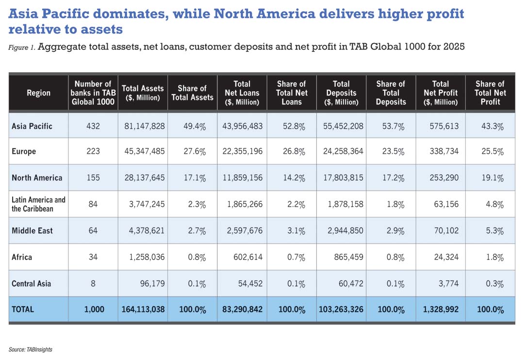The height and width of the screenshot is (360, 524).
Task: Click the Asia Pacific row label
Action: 32,126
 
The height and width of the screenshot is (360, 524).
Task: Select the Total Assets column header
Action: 143,93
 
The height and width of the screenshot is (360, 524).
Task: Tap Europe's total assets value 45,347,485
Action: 143,151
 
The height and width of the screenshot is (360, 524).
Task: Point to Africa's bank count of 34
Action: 93,257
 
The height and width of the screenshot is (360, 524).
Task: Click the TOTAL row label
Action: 23,309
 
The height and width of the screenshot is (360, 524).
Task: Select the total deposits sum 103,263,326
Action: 341,309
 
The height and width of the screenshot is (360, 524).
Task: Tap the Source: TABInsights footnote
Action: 30,349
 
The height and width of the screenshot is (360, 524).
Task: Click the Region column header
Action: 38,93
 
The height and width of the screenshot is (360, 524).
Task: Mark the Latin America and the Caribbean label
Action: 38,204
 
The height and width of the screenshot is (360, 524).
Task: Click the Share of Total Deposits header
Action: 391,93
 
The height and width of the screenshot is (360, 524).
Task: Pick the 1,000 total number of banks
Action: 93,309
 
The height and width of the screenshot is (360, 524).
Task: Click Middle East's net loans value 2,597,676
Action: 242,230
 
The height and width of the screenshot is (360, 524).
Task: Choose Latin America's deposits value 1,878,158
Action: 341,204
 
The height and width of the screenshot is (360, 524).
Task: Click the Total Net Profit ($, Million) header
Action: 440,93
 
